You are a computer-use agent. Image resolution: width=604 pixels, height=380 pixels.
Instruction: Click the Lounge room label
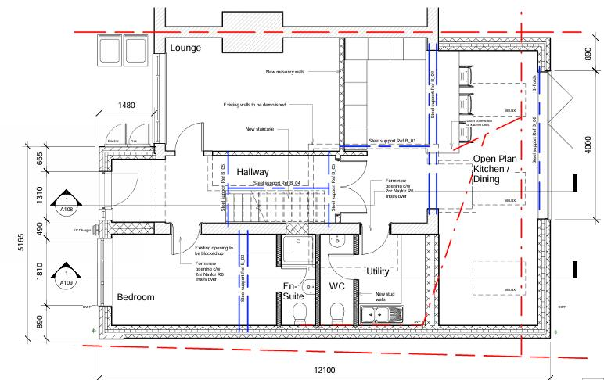point(185,48)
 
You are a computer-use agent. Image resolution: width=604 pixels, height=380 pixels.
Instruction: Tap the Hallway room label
point(253,171)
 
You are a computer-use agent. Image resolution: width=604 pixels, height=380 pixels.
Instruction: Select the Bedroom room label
point(135,298)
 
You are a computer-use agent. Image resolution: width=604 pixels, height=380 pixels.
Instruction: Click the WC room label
point(337,287)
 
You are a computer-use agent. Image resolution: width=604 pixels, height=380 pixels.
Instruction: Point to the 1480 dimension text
point(128,105)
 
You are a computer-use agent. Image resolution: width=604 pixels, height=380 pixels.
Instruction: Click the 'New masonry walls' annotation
point(285,71)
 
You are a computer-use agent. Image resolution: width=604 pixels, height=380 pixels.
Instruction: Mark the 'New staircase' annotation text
point(261,129)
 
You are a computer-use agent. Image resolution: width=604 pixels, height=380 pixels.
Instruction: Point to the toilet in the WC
point(337,315)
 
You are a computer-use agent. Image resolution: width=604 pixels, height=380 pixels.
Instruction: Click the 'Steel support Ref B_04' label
point(278,184)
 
